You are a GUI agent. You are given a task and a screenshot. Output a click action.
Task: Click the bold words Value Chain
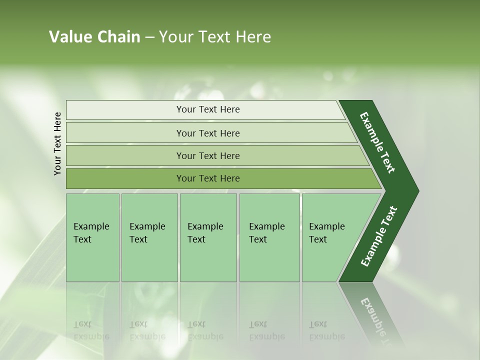click(94, 37)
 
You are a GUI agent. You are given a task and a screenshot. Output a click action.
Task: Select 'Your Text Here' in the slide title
click(215, 37)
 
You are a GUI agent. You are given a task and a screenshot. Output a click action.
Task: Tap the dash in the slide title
click(149, 37)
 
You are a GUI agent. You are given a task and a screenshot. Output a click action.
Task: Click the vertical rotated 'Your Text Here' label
click(58, 143)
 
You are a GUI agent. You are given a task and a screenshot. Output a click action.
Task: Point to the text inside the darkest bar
click(208, 178)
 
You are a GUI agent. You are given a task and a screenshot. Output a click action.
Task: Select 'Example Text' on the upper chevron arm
click(377, 142)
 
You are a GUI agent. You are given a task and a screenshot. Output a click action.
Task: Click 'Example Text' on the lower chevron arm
click(379, 236)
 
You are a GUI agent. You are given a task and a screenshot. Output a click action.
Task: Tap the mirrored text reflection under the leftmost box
click(91, 330)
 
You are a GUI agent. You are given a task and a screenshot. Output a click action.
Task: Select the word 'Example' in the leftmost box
click(91, 226)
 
